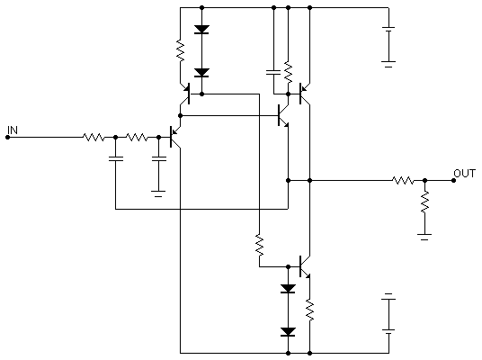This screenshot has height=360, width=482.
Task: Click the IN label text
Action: (13, 130)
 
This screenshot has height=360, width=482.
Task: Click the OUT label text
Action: (465, 174)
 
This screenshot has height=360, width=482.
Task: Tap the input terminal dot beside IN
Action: (8, 137)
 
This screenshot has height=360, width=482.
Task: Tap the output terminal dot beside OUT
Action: (454, 181)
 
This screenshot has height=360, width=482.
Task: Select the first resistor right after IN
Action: (94, 137)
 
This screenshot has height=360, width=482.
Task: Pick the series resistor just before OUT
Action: (403, 181)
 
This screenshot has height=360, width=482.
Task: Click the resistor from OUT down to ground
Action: (424, 202)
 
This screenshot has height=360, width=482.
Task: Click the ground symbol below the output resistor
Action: (424, 237)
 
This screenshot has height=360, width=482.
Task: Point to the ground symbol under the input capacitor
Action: (158, 193)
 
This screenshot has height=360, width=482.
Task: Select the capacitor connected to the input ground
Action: (159, 158)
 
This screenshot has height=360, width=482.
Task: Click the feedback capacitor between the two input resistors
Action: (116, 158)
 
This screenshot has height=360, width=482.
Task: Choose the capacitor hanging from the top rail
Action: (273, 72)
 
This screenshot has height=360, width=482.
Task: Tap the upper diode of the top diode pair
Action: (202, 30)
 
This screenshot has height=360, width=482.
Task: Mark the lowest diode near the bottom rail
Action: (288, 332)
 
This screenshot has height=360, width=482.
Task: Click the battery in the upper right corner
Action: (388, 46)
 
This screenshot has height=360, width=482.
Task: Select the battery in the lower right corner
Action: (388, 314)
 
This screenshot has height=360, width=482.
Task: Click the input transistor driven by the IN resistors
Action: (174, 137)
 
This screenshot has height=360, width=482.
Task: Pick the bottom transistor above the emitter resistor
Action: (304, 266)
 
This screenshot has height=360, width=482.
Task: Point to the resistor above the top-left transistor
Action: (181, 50)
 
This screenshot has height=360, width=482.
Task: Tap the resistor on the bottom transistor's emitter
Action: (310, 310)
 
